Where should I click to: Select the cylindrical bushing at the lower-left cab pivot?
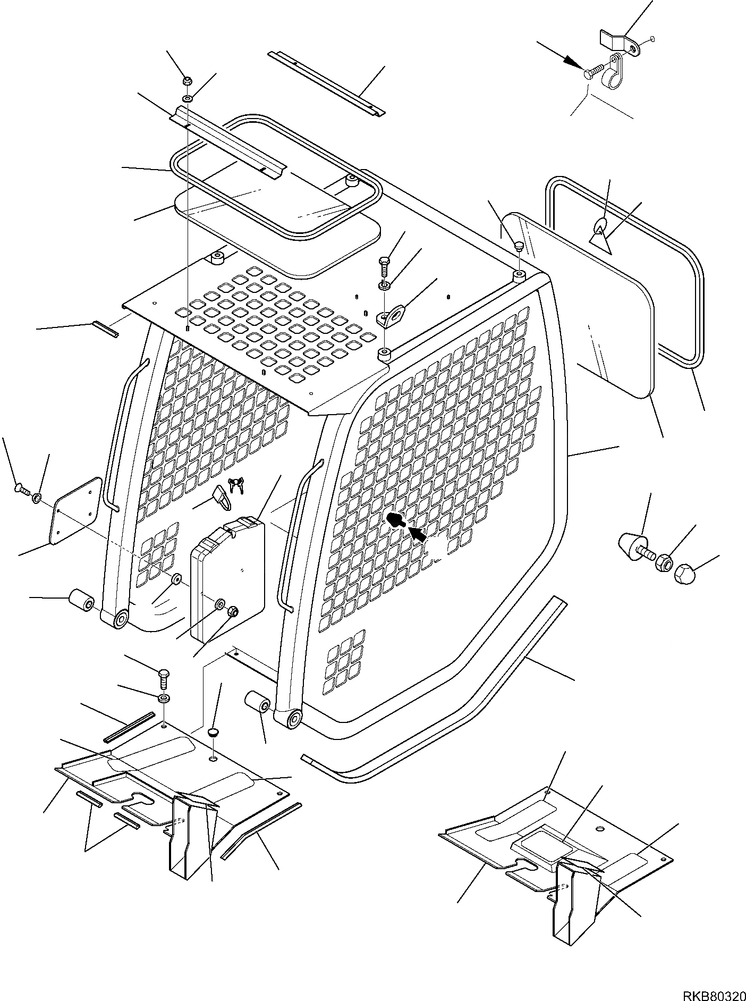click(82, 601)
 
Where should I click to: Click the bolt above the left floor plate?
click(164, 680)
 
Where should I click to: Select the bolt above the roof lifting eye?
click(385, 264)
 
